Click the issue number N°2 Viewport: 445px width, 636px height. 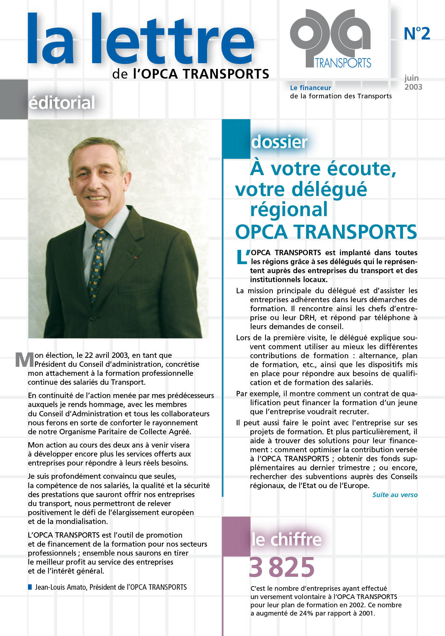coord(417,33)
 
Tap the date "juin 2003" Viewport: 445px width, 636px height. coord(413,83)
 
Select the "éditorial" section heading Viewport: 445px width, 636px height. coord(61,103)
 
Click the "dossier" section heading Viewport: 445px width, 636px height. coord(279,142)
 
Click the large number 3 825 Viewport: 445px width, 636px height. coord(281,567)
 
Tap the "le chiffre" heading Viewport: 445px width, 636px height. coord(286,539)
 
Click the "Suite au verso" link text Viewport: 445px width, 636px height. coord(395,495)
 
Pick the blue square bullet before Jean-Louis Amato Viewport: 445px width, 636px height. coord(30,587)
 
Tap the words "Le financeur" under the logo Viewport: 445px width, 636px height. coord(310,88)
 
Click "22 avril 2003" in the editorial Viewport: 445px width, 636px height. coord(106,355)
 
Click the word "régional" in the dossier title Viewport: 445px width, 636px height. coord(289,210)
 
